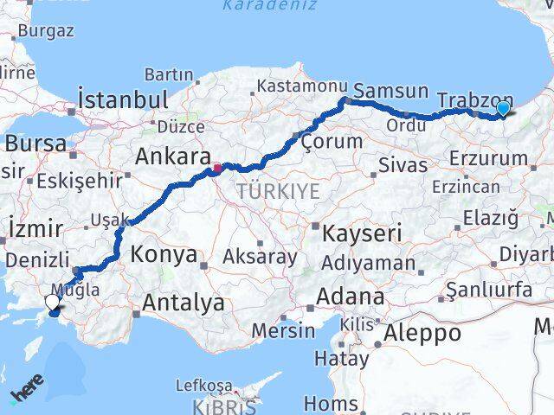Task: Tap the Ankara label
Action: pyautogui.click(x=170, y=157)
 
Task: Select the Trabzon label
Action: pyautogui.click(x=475, y=99)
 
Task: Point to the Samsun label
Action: pyautogui.click(x=391, y=91)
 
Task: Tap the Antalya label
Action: pyautogui.click(x=183, y=303)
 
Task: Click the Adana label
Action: pyautogui.click(x=350, y=297)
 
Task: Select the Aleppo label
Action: pyautogui.click(x=423, y=333)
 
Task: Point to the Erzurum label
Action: pyautogui.click(x=488, y=158)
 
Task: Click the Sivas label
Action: pyautogui.click(x=403, y=164)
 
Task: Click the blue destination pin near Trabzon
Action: pyautogui.click(x=503, y=108)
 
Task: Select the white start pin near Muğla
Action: pyautogui.click(x=52, y=302)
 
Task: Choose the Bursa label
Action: pyautogui.click(x=35, y=143)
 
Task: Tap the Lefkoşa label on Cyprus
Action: pyautogui.click(x=204, y=386)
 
